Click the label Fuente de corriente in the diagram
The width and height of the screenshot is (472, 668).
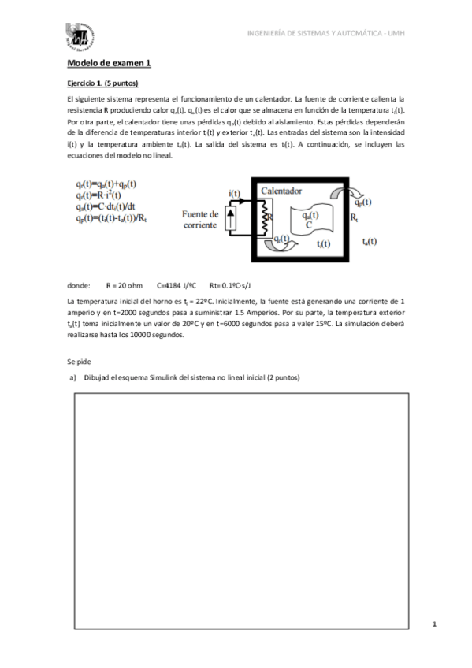200,219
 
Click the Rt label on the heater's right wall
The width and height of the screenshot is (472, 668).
354,216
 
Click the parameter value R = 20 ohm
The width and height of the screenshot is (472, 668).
124,286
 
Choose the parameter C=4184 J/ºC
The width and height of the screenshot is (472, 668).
177,286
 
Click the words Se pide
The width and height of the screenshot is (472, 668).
80,361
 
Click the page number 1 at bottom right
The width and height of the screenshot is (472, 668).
434,625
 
